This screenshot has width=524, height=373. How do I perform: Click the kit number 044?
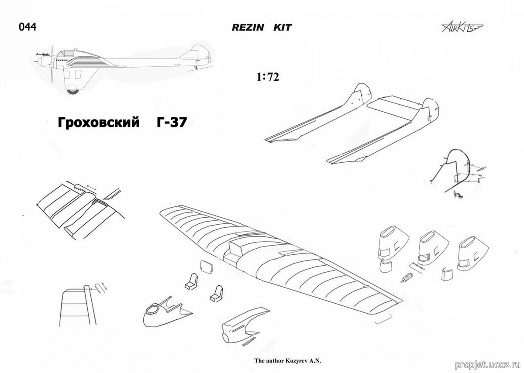[27, 27]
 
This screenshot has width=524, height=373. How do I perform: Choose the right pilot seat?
[216, 293]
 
